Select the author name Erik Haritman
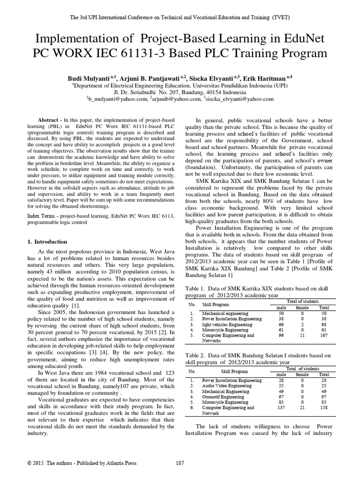point(269,78)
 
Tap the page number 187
point(180,463)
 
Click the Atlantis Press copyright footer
point(82,463)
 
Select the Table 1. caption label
point(199,290)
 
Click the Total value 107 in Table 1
point(324,336)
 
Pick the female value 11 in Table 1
point(301,336)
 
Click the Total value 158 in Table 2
point(324,408)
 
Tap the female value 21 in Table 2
point(301,408)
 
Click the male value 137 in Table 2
point(281,408)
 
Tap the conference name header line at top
point(180,17)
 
